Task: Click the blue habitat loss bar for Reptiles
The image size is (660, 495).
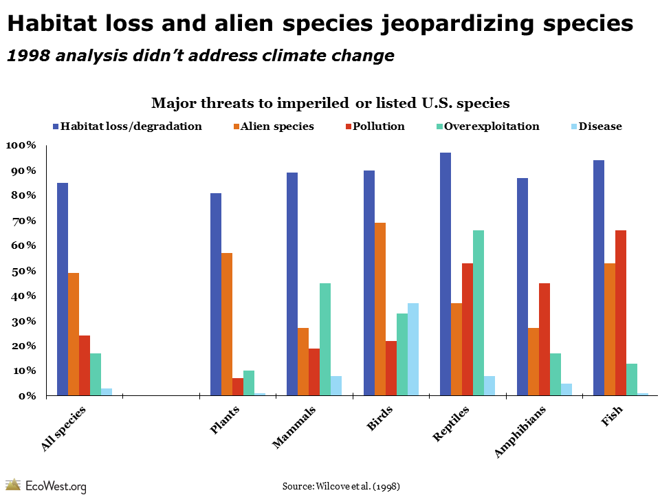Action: pos(445,274)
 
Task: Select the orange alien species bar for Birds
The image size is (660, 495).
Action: pos(380,309)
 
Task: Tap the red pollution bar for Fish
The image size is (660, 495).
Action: pos(621,313)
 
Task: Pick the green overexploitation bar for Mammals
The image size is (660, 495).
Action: pos(325,339)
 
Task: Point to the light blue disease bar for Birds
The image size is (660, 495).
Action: pos(413,349)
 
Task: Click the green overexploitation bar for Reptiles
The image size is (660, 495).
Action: pos(478,313)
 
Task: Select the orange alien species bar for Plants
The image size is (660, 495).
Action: pos(227,324)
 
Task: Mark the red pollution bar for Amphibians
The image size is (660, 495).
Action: pos(544,339)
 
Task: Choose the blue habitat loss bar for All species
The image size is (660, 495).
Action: pos(63,289)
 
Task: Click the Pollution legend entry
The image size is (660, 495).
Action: pos(375,126)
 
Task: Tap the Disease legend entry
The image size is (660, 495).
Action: pos(597,126)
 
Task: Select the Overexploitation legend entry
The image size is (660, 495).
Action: pos(488,126)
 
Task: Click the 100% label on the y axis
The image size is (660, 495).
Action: pos(21,145)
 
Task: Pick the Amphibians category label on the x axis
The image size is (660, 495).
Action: pos(520,432)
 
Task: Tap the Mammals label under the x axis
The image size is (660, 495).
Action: pos(294,427)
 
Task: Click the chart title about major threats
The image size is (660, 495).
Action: pos(331,102)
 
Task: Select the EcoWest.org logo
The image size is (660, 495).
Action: pos(46,486)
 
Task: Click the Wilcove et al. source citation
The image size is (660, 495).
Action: pos(341,486)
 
